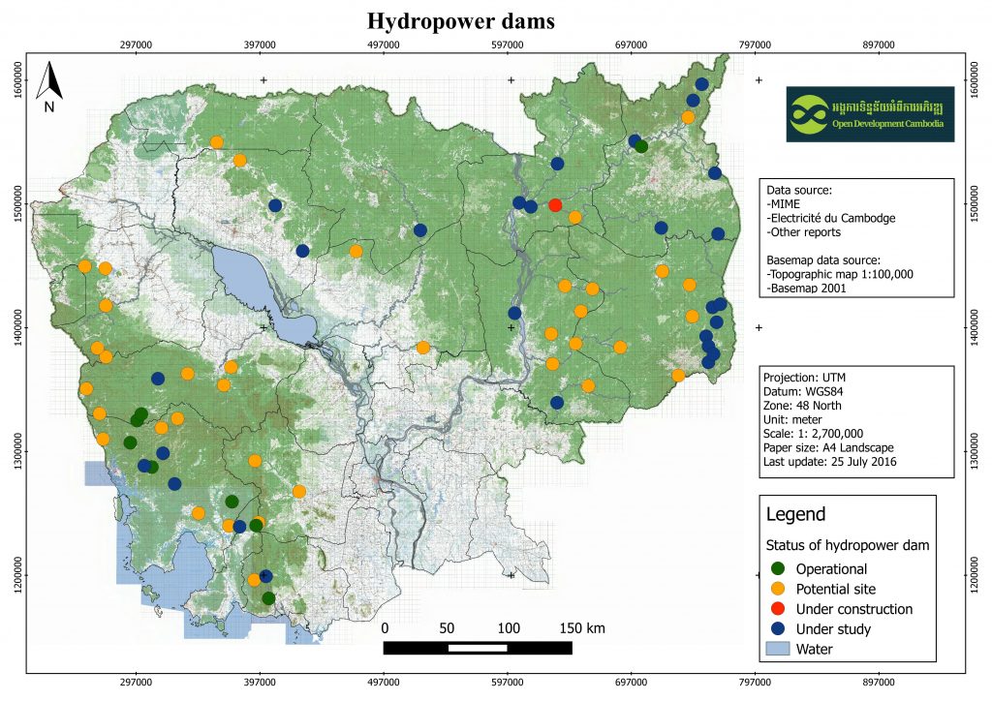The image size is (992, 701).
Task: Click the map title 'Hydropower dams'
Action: click(460, 20)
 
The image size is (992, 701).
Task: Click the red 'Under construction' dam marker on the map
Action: click(555, 205)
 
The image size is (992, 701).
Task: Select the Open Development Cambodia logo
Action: click(869, 115)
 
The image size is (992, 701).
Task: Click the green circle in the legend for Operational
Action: click(777, 568)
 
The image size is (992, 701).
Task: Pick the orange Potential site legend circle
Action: click(777, 589)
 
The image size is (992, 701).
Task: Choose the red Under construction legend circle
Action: click(777, 609)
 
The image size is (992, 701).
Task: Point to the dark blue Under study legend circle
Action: click(777, 629)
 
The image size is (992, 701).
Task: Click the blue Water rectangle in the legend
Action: click(777, 649)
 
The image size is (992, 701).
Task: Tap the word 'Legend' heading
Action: click(795, 514)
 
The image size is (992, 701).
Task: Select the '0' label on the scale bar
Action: click(386, 628)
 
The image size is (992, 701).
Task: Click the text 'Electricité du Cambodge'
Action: click(830, 219)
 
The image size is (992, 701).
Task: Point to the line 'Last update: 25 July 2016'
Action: click(831, 462)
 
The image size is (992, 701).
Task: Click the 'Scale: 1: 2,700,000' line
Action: click(820, 434)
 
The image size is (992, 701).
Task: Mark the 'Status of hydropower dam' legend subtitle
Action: click(848, 545)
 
